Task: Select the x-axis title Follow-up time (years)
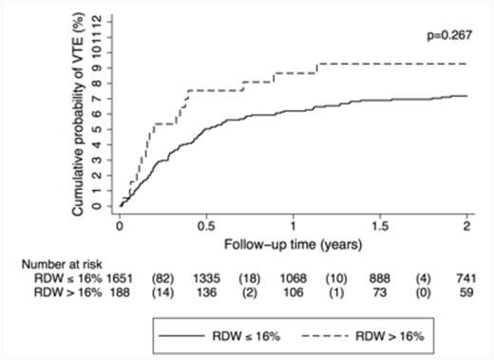[x=292, y=243]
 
